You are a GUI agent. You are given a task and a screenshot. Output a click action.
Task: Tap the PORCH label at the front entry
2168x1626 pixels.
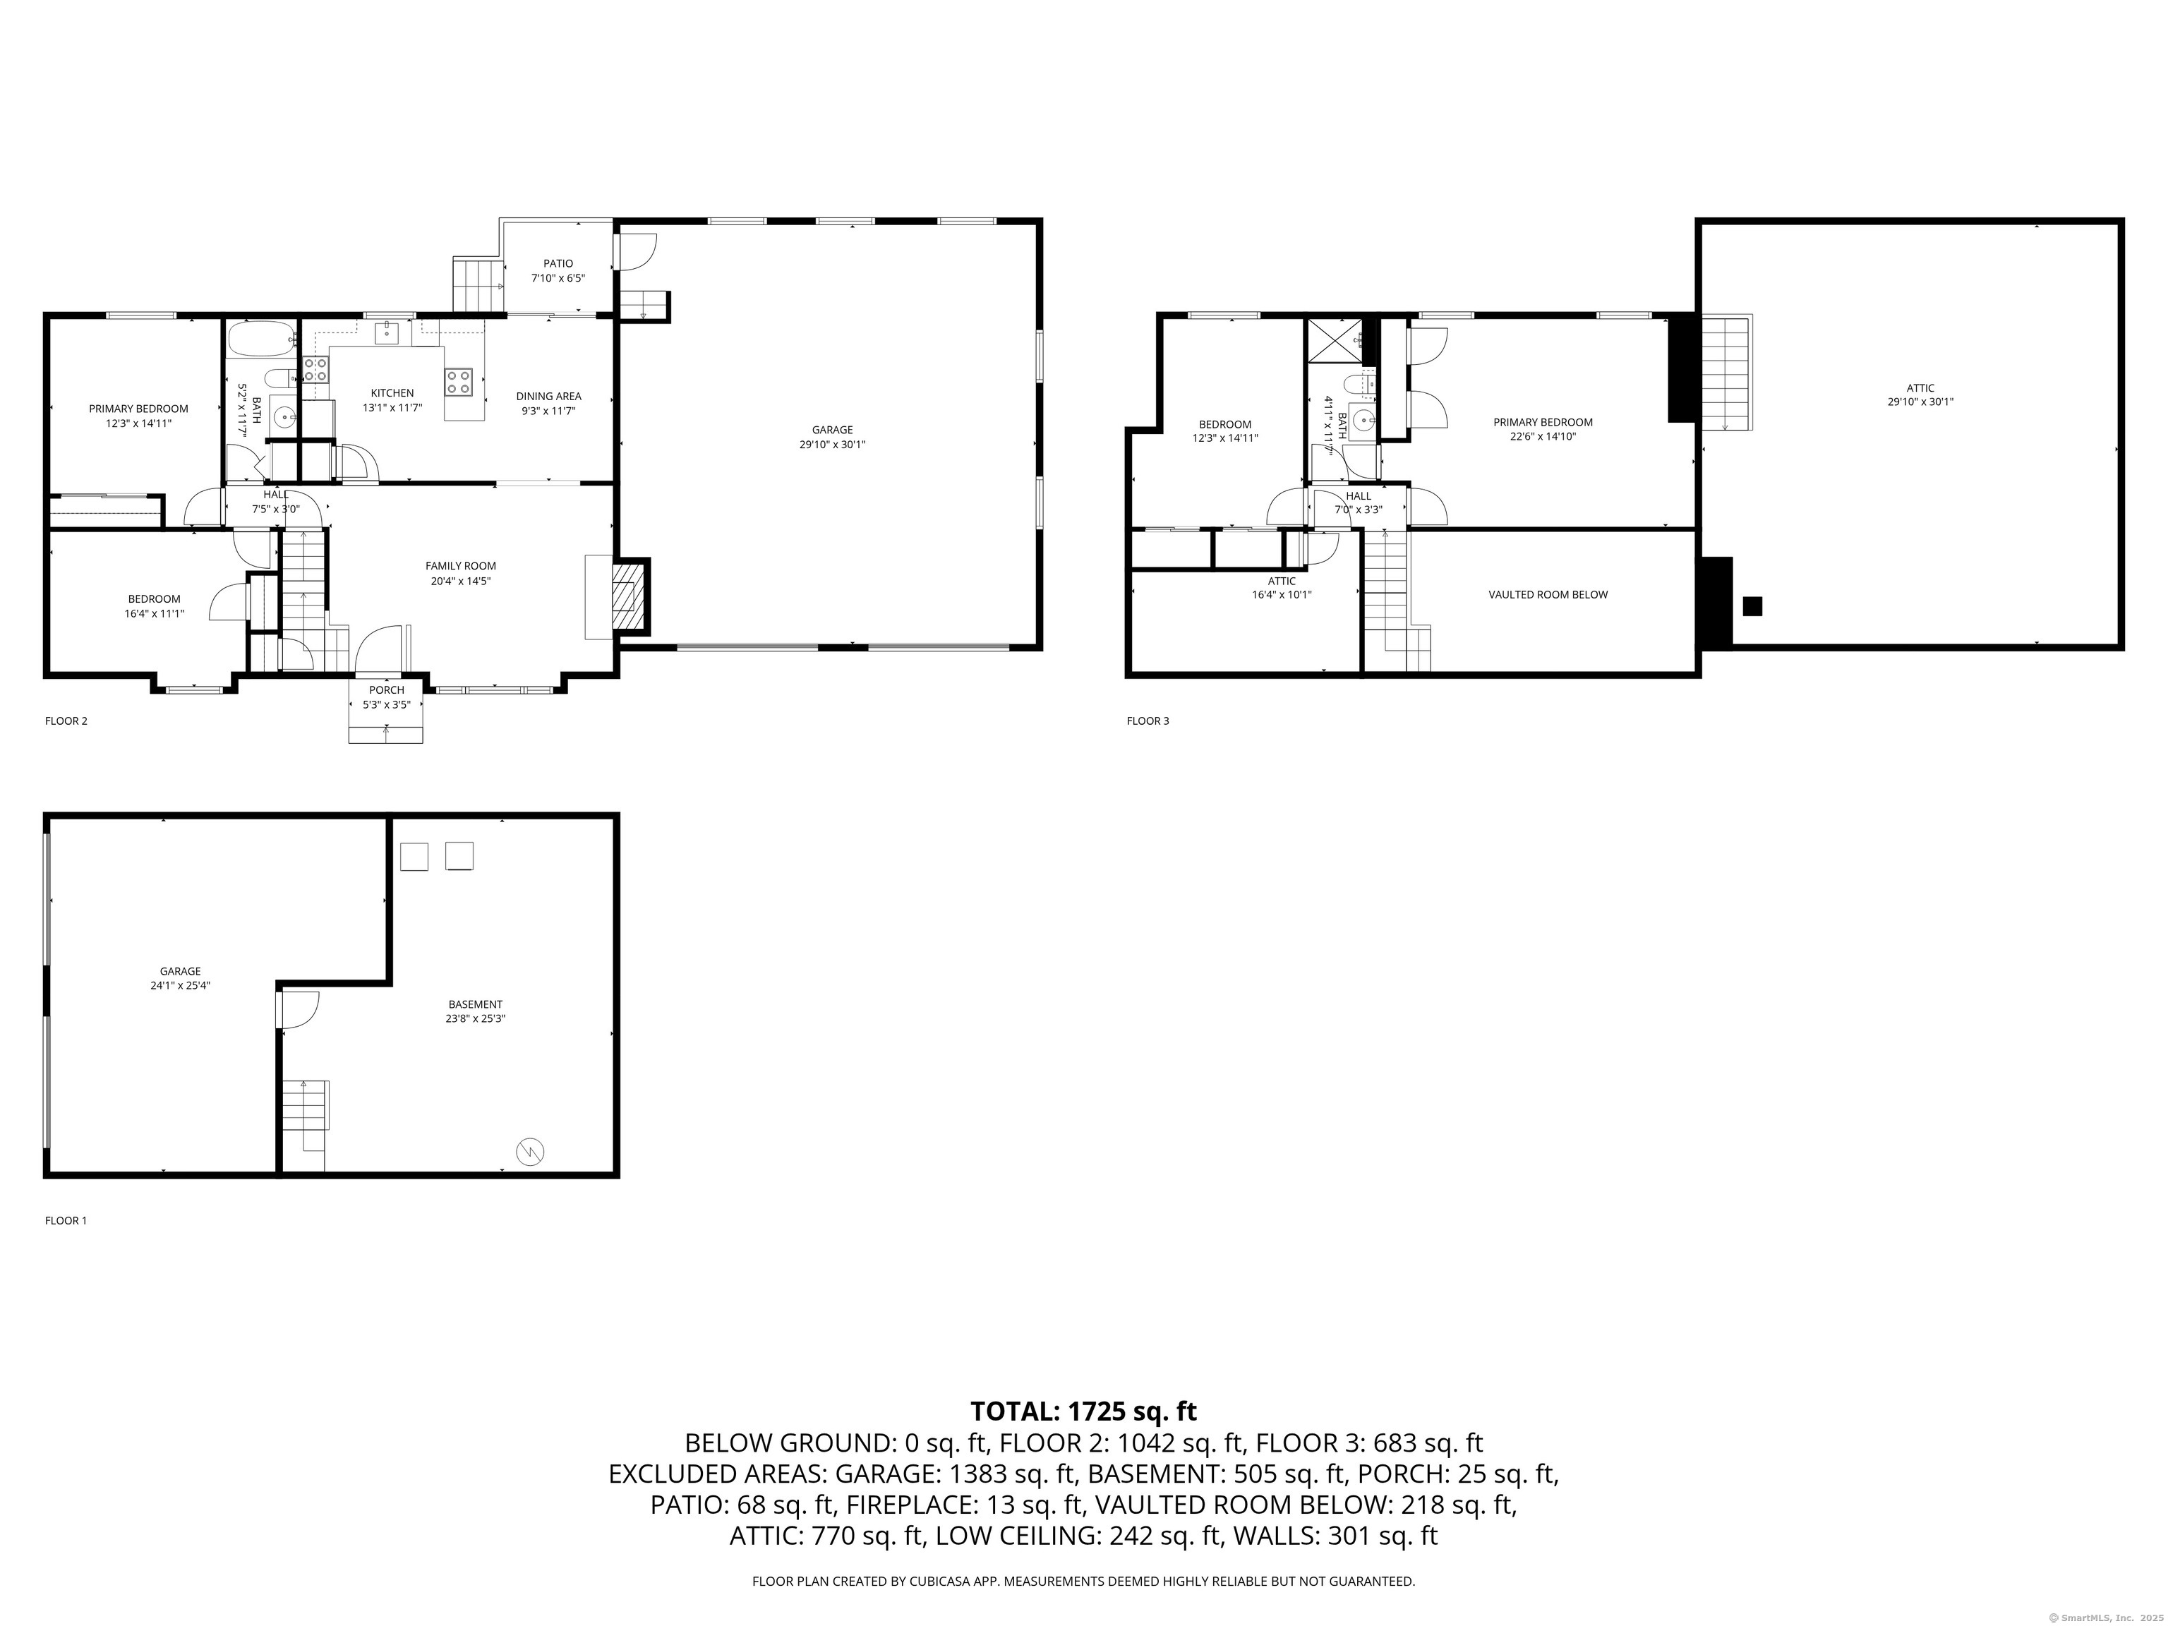click(x=386, y=690)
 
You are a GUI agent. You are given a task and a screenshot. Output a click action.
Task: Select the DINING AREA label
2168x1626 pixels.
click(x=549, y=397)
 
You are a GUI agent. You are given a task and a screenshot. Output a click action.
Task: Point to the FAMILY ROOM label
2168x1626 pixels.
click(x=461, y=565)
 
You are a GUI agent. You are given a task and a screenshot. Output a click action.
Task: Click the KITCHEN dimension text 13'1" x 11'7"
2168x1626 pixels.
click(x=392, y=408)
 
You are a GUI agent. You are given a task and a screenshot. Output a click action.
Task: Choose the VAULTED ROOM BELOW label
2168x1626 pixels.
click(x=1548, y=595)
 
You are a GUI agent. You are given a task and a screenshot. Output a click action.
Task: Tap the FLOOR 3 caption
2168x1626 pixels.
click(x=1148, y=721)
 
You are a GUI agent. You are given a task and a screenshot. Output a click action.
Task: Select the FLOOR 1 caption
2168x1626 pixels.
click(x=66, y=1221)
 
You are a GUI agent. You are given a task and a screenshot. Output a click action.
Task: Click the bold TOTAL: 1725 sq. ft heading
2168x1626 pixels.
click(x=1083, y=1411)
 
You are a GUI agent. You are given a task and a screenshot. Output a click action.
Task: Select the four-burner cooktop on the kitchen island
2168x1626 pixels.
click(x=458, y=381)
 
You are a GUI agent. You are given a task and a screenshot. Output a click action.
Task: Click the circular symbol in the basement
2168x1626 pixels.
click(x=530, y=1152)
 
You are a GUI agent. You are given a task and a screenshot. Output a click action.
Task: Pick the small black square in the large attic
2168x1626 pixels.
click(x=1752, y=607)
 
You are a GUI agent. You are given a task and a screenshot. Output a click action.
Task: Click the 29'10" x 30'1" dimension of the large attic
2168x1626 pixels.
click(x=1921, y=402)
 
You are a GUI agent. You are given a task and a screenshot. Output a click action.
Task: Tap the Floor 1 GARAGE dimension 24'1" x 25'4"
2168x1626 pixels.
click(x=181, y=986)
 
